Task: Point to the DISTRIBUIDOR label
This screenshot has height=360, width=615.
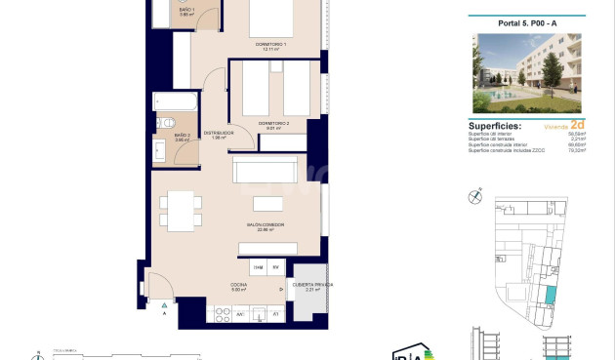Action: (218, 133)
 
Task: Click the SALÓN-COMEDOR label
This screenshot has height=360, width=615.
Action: (265, 225)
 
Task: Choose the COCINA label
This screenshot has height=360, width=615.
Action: (239, 285)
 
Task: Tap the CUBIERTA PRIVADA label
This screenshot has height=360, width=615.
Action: (312, 285)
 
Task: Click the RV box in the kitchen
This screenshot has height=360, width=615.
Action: (276, 267)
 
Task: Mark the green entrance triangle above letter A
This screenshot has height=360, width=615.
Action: (164, 305)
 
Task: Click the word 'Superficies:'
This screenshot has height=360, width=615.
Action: (494, 126)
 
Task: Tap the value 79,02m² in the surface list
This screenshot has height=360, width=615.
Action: (575, 151)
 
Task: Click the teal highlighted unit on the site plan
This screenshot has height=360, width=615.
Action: (550, 295)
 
